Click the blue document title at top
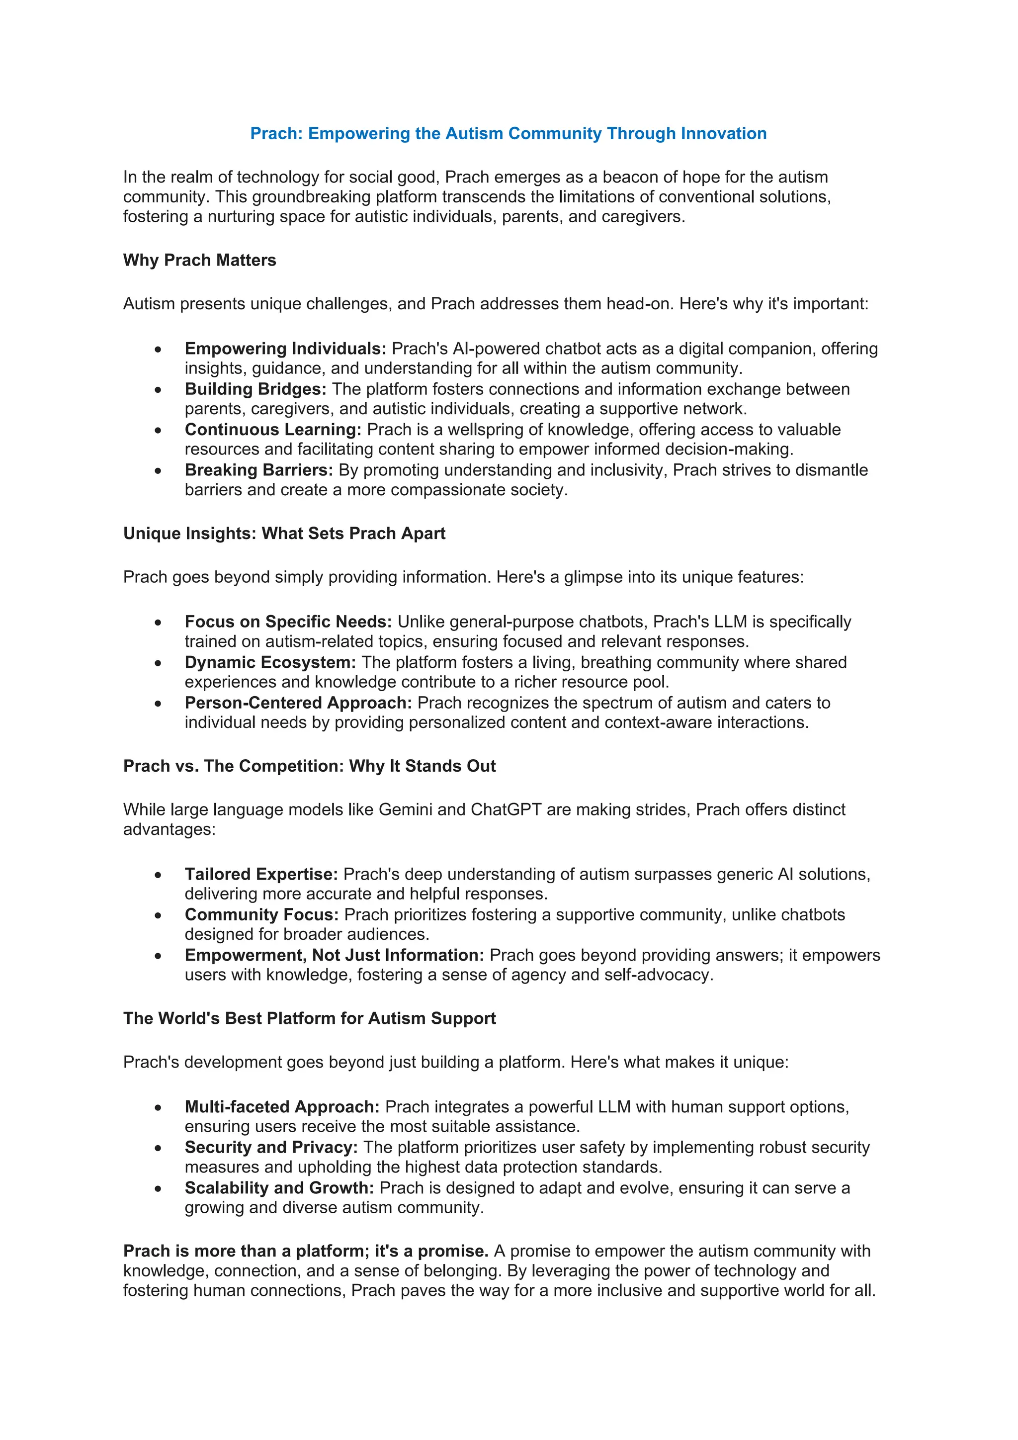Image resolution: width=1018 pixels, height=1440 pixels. click(509, 134)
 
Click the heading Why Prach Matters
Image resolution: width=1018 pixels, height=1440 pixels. click(199, 260)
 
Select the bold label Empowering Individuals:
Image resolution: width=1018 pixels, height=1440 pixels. click(285, 349)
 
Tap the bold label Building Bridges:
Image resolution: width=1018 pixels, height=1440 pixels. click(255, 389)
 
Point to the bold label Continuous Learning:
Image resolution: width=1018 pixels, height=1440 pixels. click(273, 430)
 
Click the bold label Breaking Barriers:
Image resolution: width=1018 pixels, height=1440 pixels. click(258, 470)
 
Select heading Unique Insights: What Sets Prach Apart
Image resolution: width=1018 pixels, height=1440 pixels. click(284, 534)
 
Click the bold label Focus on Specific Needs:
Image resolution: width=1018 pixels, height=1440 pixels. click(288, 622)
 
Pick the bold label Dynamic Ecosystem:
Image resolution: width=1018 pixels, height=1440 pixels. click(270, 663)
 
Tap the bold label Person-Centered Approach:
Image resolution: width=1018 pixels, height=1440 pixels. click(298, 703)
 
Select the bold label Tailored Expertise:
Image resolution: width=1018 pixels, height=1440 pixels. click(261, 874)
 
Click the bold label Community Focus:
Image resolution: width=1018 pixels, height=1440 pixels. click(261, 915)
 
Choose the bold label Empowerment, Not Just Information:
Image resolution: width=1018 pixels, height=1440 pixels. click(334, 955)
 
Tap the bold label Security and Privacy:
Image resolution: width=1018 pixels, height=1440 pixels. click(271, 1148)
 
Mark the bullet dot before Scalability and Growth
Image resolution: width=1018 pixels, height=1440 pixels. click(158, 1189)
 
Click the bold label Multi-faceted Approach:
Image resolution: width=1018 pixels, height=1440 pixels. click(282, 1107)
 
